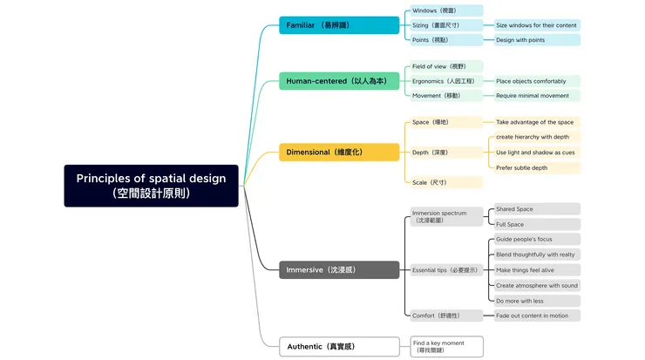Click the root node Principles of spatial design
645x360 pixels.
151,186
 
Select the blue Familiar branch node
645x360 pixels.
339,25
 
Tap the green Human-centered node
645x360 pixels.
339,81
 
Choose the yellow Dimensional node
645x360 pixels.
339,153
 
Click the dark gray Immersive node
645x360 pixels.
339,270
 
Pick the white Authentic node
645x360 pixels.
339,346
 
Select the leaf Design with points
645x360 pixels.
536,40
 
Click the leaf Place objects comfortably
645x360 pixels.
536,81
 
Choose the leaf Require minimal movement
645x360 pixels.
536,96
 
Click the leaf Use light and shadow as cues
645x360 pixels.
536,153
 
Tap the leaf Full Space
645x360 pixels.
536,224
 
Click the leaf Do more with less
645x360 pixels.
536,300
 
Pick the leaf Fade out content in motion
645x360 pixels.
536,316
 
